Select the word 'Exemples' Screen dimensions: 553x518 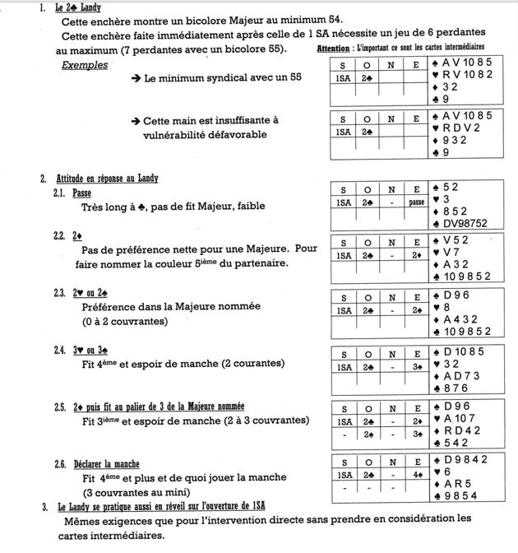click(85, 65)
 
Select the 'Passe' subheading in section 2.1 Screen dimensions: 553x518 click(82, 193)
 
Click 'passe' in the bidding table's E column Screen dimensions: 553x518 click(417, 202)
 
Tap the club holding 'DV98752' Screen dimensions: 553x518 click(468, 223)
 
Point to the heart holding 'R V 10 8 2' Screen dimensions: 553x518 click(467, 74)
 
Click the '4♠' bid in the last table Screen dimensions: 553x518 click(417, 475)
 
